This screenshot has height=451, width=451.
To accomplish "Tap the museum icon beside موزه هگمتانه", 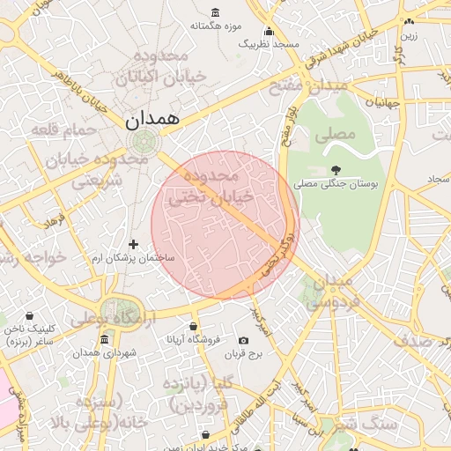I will click(x=217, y=13).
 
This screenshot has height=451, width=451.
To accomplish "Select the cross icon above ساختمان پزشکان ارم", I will click(x=133, y=244).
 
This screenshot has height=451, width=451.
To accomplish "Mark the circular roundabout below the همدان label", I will click(x=140, y=142).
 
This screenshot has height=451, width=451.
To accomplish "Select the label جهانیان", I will click(x=384, y=103).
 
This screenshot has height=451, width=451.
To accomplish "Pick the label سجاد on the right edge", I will click(x=439, y=179).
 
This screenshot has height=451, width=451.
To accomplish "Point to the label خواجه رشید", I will click(x=33, y=258).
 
